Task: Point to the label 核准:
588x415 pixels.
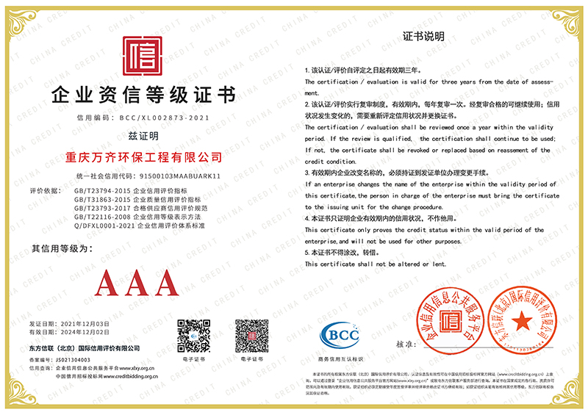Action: (406, 344)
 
